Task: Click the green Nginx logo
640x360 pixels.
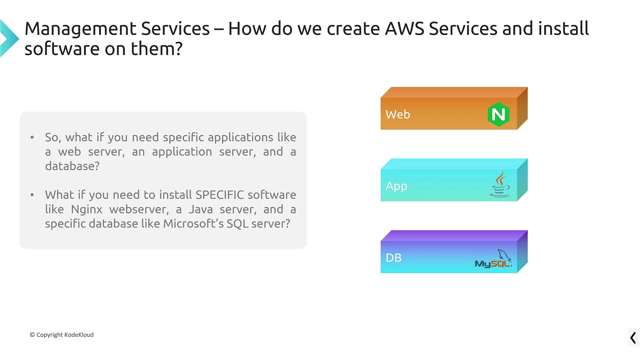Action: pyautogui.click(x=498, y=114)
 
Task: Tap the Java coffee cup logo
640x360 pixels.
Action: pyautogui.click(x=500, y=184)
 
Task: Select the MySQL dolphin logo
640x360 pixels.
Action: pyautogui.click(x=493, y=258)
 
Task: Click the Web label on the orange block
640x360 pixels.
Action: pyautogui.click(x=398, y=114)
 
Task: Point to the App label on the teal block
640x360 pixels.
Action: pyautogui.click(x=396, y=186)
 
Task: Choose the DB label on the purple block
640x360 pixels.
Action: pyautogui.click(x=394, y=258)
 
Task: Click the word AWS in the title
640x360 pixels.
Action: pyautogui.click(x=405, y=28)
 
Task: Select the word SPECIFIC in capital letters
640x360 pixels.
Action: pyautogui.click(x=220, y=195)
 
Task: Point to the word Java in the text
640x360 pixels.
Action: pyautogui.click(x=201, y=209)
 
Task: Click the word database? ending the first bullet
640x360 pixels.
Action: pyautogui.click(x=72, y=166)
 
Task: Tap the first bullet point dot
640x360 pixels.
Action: pyautogui.click(x=32, y=137)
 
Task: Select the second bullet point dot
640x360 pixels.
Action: pyautogui.click(x=32, y=195)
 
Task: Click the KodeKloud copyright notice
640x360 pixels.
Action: pyautogui.click(x=62, y=335)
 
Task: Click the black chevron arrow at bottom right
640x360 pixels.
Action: pyautogui.click(x=633, y=338)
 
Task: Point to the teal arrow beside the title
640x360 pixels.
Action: pyautogui.click(x=9, y=38)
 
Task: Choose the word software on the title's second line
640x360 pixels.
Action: pyautogui.click(x=62, y=49)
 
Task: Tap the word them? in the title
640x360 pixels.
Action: pyautogui.click(x=157, y=49)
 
